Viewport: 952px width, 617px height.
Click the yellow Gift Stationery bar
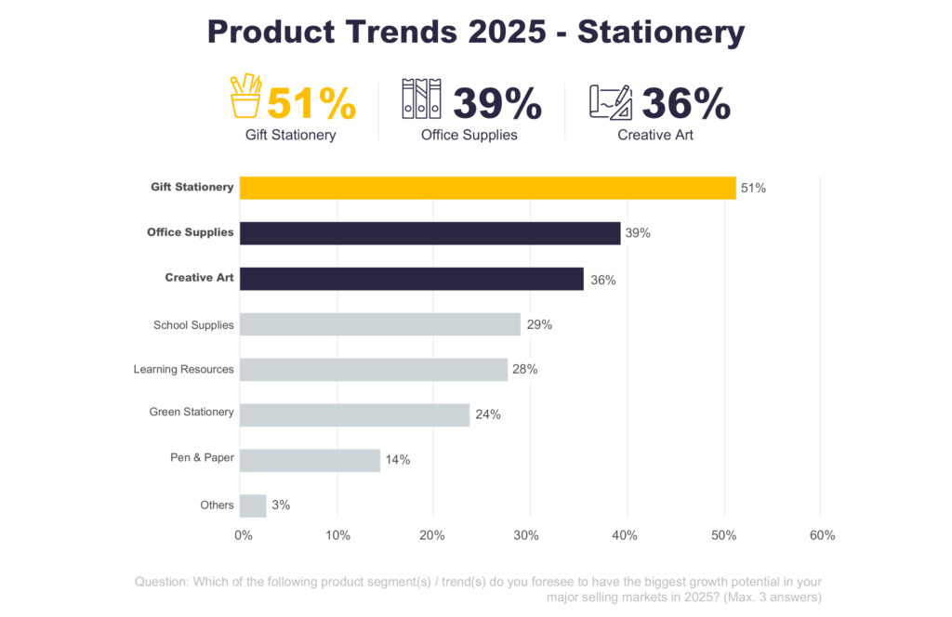(487, 188)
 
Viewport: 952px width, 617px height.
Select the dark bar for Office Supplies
(430, 233)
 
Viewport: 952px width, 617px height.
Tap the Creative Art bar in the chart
(411, 279)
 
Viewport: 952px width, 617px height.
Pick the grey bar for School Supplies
(379, 324)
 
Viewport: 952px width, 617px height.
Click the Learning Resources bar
(374, 370)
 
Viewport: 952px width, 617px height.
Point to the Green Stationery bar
(354, 414)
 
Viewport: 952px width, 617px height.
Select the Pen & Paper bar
(310, 460)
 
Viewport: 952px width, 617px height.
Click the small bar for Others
(253, 505)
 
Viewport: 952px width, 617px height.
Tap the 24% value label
(488, 414)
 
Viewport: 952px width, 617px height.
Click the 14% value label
(398, 460)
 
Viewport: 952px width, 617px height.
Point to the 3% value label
(281, 505)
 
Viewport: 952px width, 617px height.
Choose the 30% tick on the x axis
(528, 535)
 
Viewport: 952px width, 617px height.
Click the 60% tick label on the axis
(822, 535)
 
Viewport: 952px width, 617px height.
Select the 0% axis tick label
(244, 535)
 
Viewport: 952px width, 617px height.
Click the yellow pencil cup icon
(246, 97)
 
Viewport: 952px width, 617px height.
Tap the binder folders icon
(421, 98)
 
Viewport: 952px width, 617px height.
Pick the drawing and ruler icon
(611, 101)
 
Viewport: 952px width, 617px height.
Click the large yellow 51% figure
(311, 104)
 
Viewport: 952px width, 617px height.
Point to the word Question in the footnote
(162, 582)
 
